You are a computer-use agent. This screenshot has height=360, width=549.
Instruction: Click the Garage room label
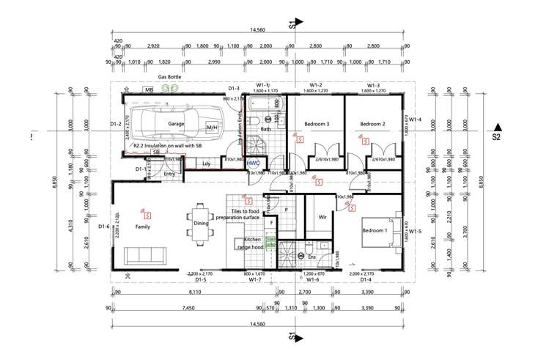(x=175, y=125)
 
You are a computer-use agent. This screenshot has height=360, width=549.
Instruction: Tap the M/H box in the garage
(x=212, y=128)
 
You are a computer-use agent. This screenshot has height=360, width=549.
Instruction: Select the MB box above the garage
(x=149, y=89)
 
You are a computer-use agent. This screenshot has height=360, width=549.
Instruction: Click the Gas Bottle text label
(x=169, y=76)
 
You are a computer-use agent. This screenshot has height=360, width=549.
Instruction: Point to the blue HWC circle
(x=254, y=163)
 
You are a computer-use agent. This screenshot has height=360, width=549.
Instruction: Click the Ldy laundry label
(x=207, y=164)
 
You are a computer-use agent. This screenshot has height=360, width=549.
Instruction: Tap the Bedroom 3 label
(x=317, y=125)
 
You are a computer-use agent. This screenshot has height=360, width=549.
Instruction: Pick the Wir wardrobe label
(x=322, y=217)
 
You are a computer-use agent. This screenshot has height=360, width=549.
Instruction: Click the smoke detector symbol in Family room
(x=148, y=215)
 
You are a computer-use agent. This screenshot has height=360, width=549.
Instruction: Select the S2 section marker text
(x=496, y=137)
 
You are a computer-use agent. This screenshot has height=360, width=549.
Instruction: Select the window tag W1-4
(x=416, y=120)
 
